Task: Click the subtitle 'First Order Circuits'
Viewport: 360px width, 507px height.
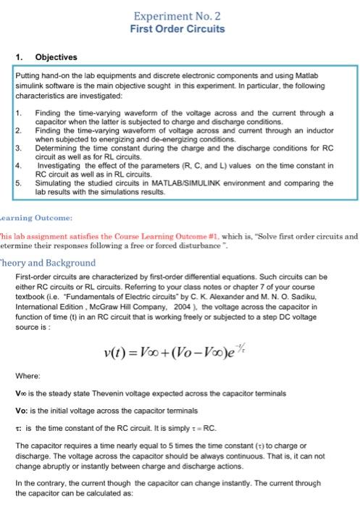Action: pos(177,29)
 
